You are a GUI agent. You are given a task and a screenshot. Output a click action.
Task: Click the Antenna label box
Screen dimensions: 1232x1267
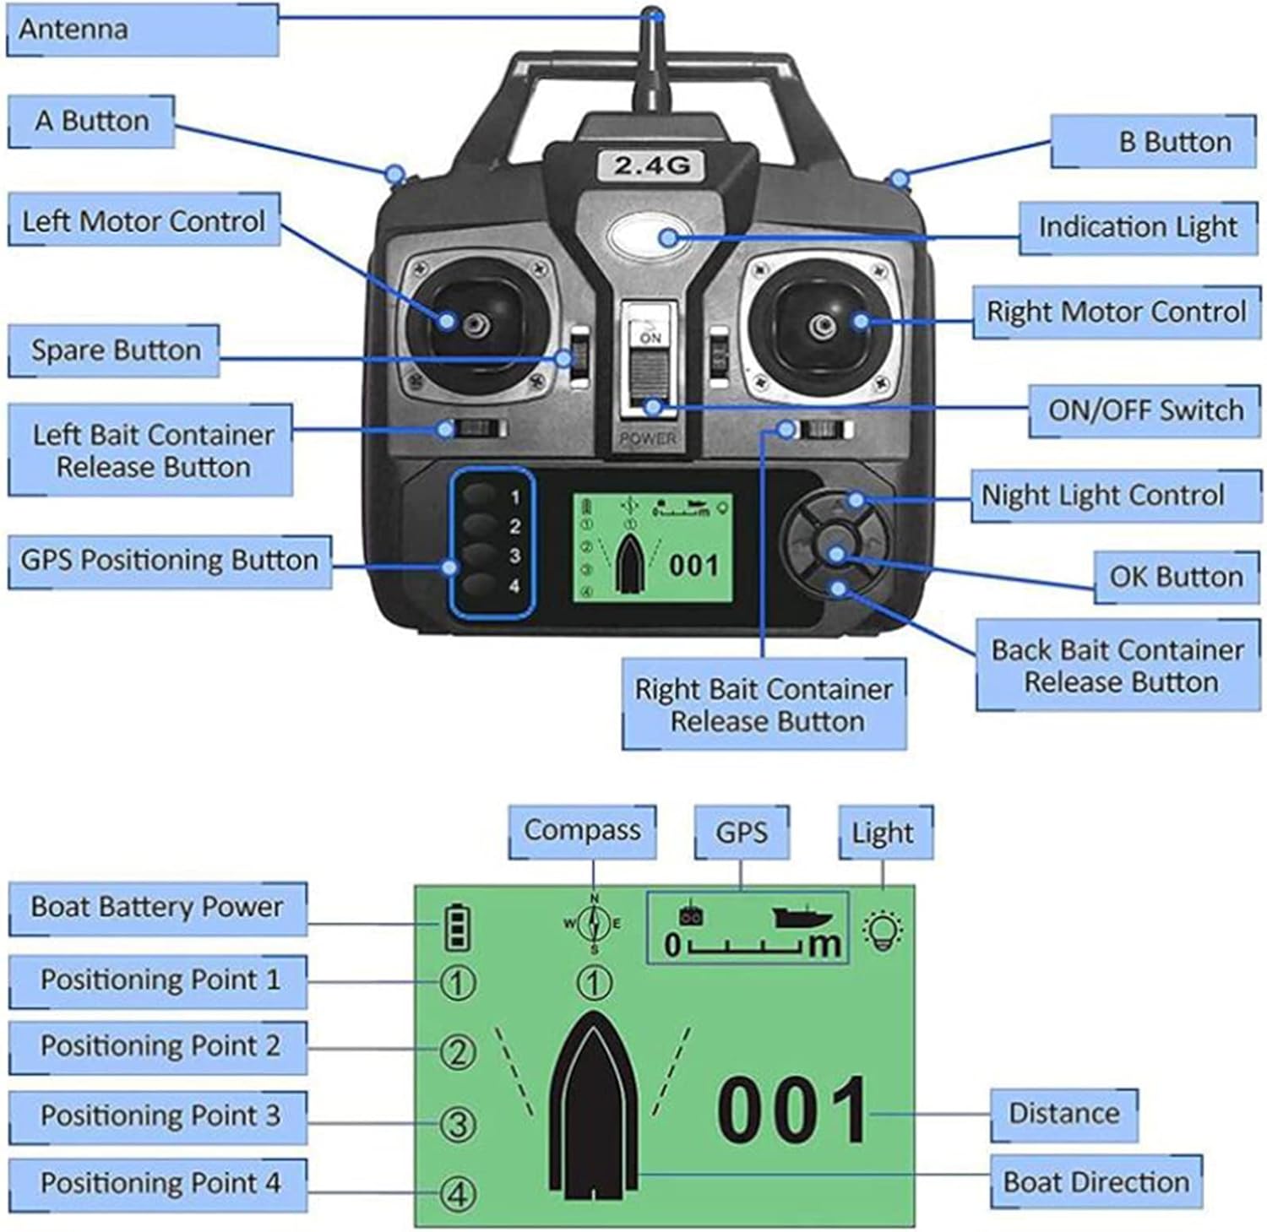[142, 30]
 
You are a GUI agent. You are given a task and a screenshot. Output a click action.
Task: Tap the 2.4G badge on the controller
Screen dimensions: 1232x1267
[651, 165]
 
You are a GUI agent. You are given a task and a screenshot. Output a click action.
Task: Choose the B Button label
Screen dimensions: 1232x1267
[1154, 142]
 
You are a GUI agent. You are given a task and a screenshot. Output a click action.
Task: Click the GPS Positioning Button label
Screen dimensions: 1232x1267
[170, 561]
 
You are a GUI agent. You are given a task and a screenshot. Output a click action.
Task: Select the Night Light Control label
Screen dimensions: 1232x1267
[1102, 496]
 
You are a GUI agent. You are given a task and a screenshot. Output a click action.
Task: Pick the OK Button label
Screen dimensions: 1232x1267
[1176, 578]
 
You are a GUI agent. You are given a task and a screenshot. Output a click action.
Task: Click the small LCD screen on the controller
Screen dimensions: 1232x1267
[653, 548]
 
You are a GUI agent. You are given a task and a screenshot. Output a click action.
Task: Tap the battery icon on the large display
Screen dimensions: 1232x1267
[457, 926]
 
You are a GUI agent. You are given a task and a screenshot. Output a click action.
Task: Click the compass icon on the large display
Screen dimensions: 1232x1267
[594, 924]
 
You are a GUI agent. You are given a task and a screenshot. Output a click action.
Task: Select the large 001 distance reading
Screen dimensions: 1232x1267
[791, 1110]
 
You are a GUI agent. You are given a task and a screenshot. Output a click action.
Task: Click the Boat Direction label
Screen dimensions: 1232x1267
[1096, 1182]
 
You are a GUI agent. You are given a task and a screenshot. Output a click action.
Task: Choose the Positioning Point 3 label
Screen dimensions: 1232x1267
[159, 1116]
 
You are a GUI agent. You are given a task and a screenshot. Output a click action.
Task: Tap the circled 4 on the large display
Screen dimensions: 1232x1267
[458, 1194]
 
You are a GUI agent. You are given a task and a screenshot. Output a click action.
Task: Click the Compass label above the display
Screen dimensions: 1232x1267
[582, 831]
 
